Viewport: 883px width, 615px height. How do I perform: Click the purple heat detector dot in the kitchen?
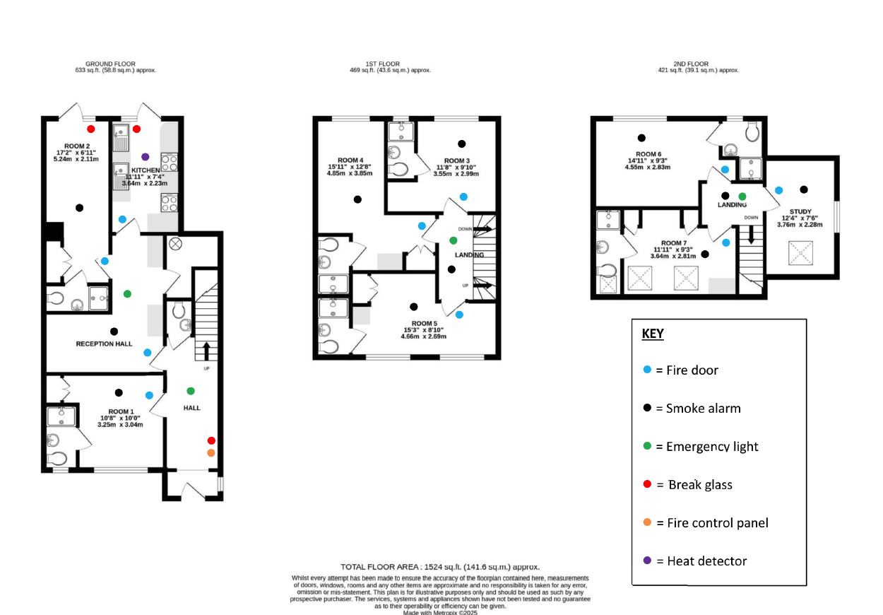pyautogui.click(x=145, y=156)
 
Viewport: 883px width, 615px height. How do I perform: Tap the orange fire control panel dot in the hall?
pyautogui.click(x=211, y=452)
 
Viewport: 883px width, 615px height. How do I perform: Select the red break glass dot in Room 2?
pyautogui.click(x=90, y=129)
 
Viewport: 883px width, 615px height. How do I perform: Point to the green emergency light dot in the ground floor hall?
pyautogui.click(x=190, y=391)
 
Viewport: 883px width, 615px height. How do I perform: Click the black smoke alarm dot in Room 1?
pyautogui.click(x=119, y=392)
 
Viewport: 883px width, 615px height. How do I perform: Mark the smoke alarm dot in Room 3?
pyautogui.click(x=462, y=143)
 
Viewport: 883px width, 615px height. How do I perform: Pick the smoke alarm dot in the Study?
pyautogui.click(x=803, y=189)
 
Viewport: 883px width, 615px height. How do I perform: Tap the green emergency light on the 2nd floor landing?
pyautogui.click(x=742, y=196)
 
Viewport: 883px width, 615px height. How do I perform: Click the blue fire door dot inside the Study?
pyautogui.click(x=778, y=189)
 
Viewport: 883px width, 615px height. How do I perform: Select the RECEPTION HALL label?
pyautogui.click(x=105, y=344)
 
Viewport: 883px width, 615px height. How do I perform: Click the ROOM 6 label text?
pyautogui.click(x=648, y=154)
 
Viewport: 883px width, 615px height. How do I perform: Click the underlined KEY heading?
pyautogui.click(x=653, y=334)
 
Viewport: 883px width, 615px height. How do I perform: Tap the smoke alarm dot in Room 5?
pyautogui.click(x=413, y=307)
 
